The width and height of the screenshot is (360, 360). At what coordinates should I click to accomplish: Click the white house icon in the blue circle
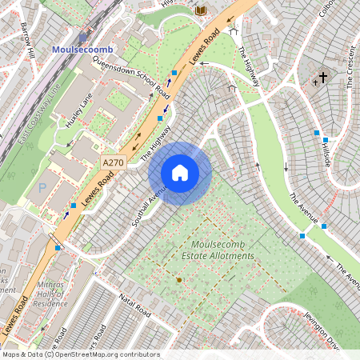180,173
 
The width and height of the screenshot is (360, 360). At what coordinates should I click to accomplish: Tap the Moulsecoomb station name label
82,50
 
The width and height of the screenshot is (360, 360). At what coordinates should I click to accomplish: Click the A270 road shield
114,162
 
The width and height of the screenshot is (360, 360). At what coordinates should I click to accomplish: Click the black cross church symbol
323,78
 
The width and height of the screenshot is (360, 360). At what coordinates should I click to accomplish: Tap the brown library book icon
200,10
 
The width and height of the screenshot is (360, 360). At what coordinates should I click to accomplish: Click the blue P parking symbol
42,188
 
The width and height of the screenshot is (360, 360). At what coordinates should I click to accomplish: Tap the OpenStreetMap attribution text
80,354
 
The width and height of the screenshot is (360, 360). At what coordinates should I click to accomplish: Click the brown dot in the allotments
178,279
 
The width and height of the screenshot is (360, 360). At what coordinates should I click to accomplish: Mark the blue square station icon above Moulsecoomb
82,38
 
